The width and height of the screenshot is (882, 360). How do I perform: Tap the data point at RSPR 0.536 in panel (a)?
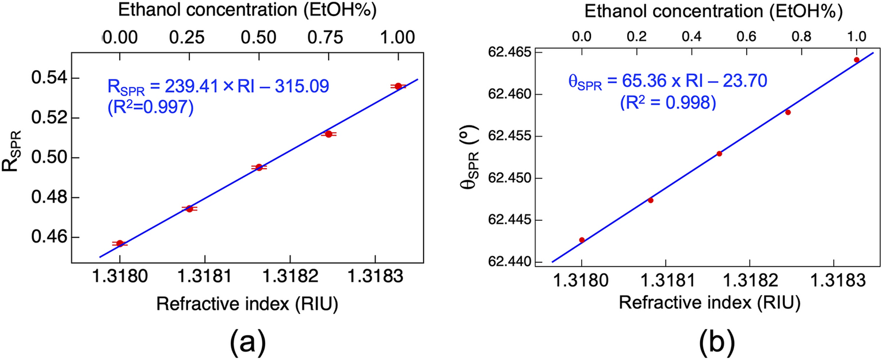(x=398, y=86)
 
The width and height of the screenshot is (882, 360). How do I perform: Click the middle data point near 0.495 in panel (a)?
(x=259, y=167)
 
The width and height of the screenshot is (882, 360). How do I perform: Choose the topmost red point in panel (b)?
(x=857, y=60)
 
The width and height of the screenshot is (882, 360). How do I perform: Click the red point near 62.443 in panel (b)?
(x=582, y=240)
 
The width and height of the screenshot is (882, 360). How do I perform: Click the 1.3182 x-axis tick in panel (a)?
(x=290, y=278)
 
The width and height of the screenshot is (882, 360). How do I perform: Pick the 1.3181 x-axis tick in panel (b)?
(x=666, y=278)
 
